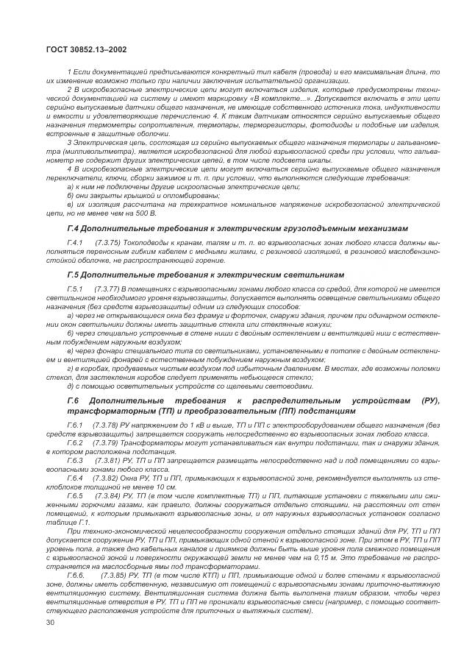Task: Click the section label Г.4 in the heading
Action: pyautogui.click(x=74, y=229)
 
